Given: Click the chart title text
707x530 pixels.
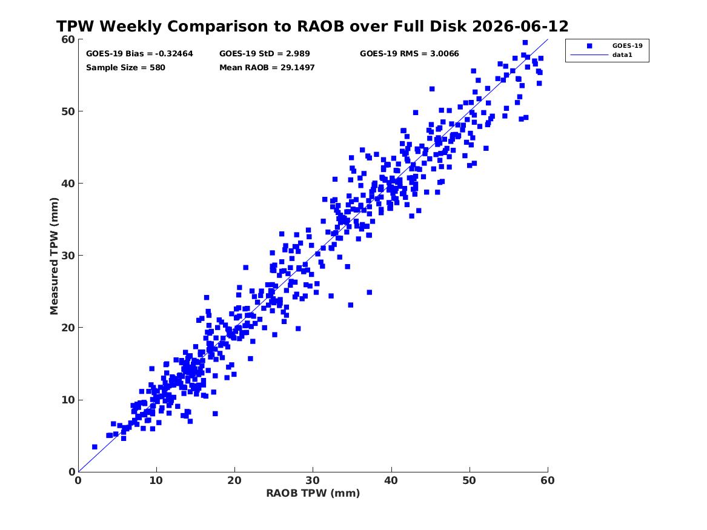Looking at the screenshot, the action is (x=312, y=26).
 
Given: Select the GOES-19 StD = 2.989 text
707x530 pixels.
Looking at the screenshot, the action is (x=265, y=54).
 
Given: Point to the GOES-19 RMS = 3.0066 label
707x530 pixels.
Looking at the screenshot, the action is (x=410, y=54).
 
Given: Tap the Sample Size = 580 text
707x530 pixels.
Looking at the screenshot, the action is (x=125, y=68).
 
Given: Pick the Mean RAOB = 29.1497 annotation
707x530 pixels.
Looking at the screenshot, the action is (x=267, y=68).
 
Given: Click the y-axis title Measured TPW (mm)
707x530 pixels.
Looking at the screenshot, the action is (x=54, y=256).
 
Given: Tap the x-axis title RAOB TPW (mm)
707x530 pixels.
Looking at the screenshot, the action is (x=313, y=493).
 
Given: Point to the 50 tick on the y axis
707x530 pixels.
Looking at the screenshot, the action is (x=68, y=111).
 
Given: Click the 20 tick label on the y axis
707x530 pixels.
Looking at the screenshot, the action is (x=68, y=328).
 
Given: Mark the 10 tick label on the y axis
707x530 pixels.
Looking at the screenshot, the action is (x=68, y=400).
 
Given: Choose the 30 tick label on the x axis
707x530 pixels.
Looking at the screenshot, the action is (x=313, y=480).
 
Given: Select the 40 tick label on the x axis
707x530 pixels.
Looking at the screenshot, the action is (x=391, y=480).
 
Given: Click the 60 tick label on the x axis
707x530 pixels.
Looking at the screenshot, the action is (x=548, y=480).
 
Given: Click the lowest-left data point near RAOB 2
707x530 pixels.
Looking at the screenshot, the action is (x=95, y=446).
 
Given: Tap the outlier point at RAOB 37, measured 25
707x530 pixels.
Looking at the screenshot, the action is (x=370, y=293).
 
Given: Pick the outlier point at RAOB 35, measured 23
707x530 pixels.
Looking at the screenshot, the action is (x=351, y=305).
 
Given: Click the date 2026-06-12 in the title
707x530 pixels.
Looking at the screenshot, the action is (x=520, y=26).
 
